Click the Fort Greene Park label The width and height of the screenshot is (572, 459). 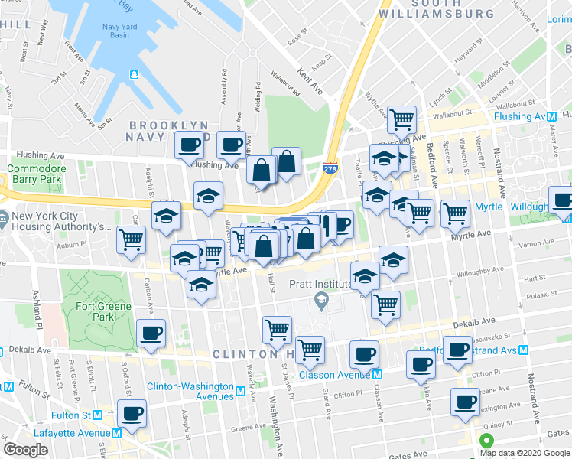coord(103,311)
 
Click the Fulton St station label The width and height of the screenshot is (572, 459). coord(76,415)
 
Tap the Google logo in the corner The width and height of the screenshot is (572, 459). coord(25,450)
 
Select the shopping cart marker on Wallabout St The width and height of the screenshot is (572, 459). coord(401,119)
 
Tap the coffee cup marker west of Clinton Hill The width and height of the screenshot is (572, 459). coord(151,333)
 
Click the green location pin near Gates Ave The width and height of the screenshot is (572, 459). coord(485,441)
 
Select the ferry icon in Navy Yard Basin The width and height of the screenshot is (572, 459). coord(134,74)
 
